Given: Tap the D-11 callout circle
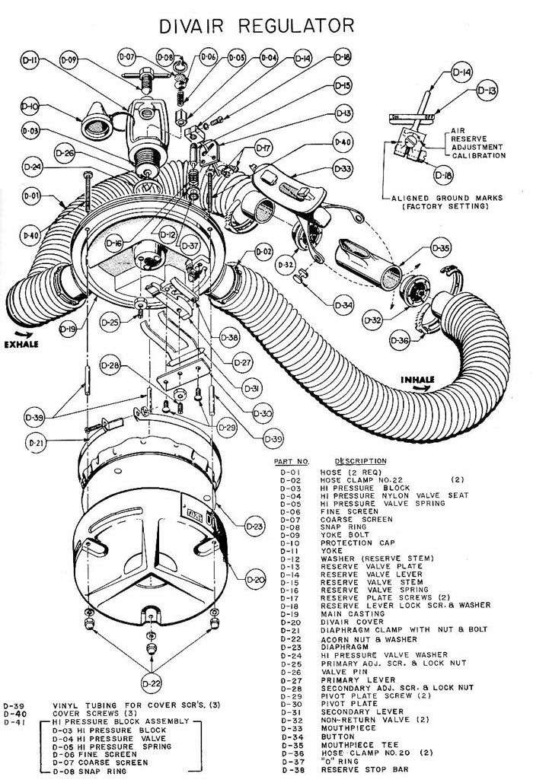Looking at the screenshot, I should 29,64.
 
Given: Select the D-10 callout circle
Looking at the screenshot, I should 30,106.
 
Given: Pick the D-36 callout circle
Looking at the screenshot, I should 404,339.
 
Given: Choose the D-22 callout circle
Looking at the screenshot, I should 154,682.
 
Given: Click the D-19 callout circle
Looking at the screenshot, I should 69,330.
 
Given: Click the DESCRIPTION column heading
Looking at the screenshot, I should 359,461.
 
